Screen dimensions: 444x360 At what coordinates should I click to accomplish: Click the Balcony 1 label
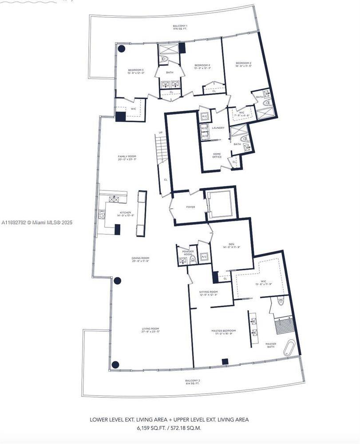[180, 27]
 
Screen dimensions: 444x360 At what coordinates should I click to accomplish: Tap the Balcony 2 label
[193, 381]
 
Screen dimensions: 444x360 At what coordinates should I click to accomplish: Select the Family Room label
[127, 157]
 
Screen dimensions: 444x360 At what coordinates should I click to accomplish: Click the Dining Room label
[140, 258]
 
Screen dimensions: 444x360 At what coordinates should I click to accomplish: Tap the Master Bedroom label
[223, 331]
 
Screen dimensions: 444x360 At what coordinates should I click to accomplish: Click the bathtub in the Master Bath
[291, 348]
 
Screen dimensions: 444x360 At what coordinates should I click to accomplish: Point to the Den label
[231, 244]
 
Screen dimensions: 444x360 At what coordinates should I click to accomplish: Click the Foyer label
[191, 207]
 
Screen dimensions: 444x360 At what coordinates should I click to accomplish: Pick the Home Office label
[217, 155]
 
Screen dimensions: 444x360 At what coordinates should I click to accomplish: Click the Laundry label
[218, 128]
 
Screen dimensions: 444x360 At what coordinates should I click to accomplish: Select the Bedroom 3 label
[135, 70]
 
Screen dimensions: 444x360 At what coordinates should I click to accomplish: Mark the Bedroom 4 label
[202, 66]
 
